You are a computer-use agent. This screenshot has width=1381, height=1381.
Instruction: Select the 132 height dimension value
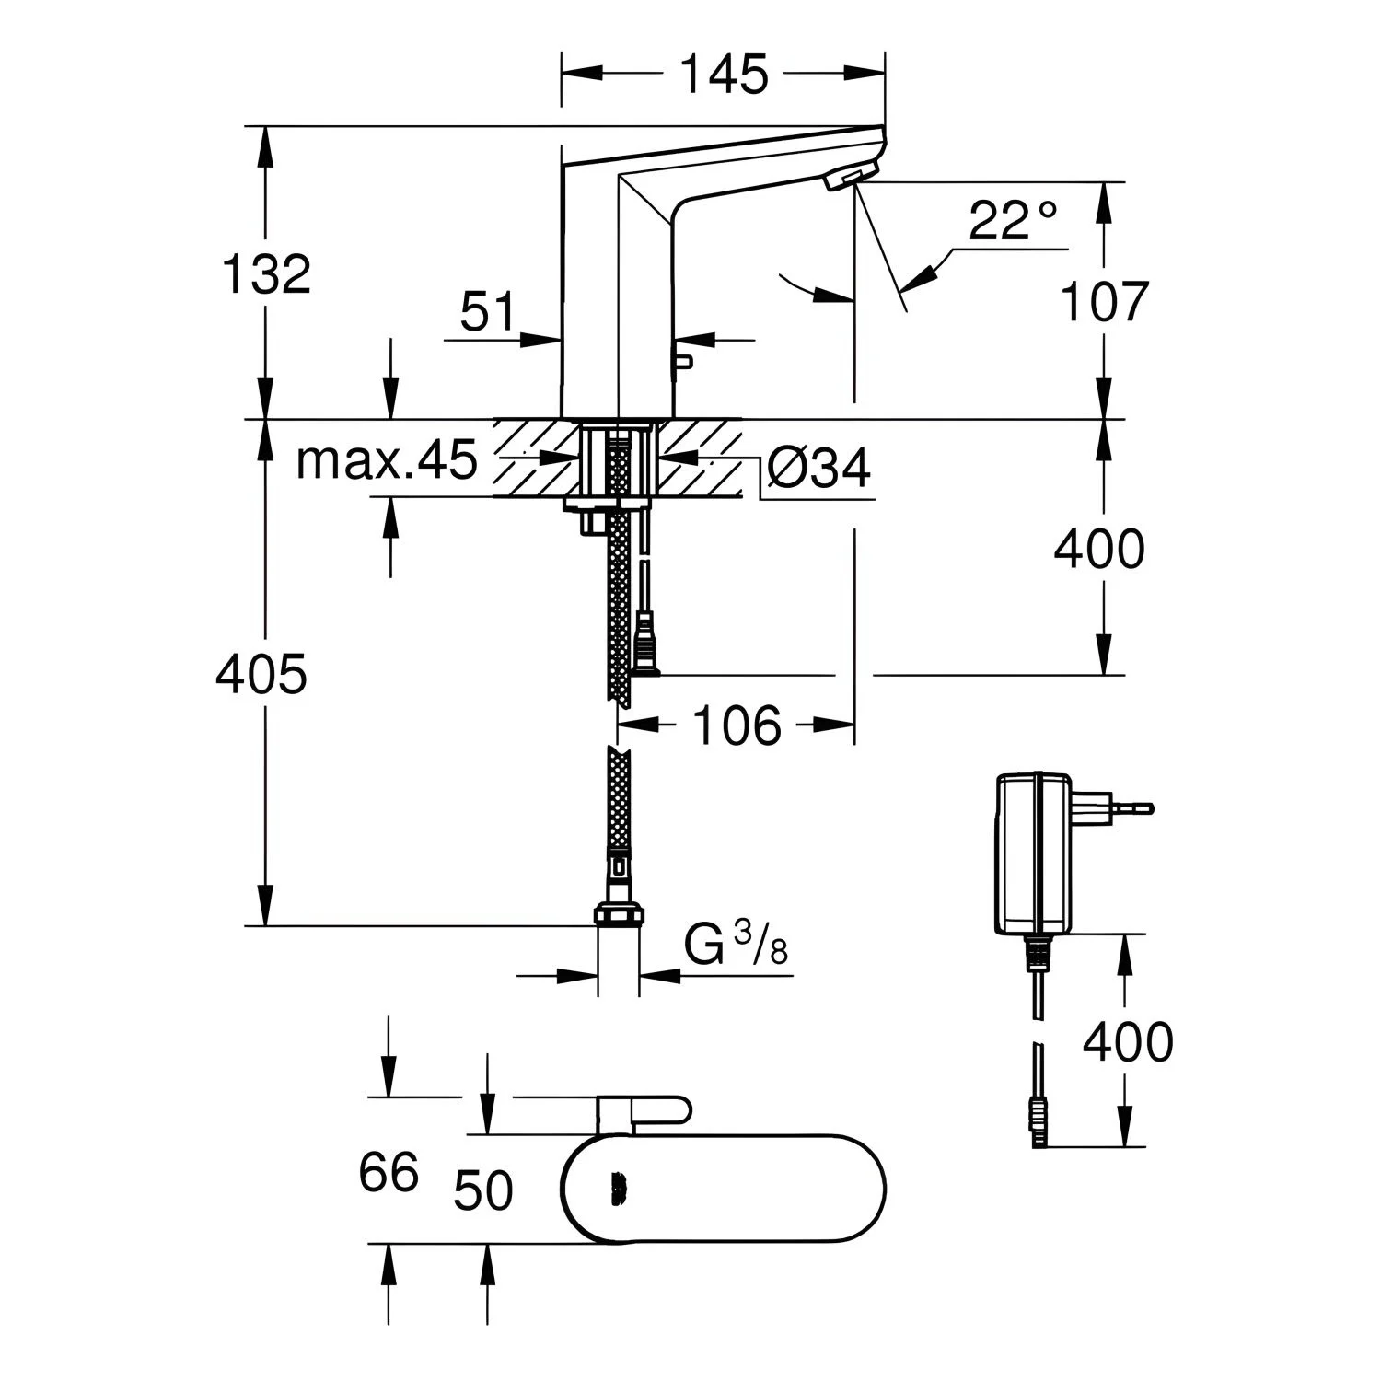tap(267, 273)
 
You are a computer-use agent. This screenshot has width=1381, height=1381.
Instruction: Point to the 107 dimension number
tap(1105, 301)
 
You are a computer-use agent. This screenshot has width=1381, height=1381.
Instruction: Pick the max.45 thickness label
tap(387, 459)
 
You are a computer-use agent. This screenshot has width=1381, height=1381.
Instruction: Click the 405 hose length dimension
tap(261, 675)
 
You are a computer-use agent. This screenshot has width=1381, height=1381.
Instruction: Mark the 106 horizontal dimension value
tap(737, 725)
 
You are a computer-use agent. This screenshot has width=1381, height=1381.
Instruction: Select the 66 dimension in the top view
tap(389, 1173)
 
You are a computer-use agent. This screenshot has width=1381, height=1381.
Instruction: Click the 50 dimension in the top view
tap(483, 1191)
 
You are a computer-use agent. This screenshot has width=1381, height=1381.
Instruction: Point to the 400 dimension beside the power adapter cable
tap(1128, 1042)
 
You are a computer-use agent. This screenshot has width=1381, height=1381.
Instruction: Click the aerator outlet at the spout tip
tap(844, 179)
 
